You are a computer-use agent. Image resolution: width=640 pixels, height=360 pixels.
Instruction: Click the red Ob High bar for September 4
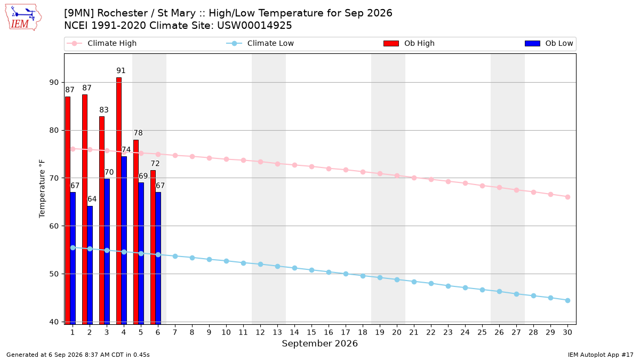pos(119,201)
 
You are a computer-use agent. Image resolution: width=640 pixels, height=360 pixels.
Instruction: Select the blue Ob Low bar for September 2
pos(90,265)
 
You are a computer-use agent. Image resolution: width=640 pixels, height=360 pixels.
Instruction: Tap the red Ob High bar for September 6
pos(153,247)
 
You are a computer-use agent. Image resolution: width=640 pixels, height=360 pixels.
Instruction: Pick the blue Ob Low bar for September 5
pos(141,253)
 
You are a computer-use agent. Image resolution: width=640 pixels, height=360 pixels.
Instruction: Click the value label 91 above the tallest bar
pos(121,70)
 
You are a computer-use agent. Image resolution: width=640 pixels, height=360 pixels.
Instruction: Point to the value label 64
pos(92,199)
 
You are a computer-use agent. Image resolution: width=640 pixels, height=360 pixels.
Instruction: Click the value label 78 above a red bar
pos(138,133)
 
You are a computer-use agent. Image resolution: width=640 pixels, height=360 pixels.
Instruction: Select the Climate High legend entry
pos(101,43)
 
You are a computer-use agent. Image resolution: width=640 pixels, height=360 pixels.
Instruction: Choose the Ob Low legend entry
pos(549,43)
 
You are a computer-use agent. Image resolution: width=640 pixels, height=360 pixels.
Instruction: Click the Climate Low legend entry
pos(260,43)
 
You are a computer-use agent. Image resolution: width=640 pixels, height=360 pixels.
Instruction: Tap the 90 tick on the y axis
pos(54,83)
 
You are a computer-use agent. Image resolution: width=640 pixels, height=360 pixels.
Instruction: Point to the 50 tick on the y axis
pos(54,274)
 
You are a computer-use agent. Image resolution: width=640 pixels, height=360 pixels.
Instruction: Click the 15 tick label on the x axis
pos(311,332)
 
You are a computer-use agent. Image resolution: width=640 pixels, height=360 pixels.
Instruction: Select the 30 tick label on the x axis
pos(567,332)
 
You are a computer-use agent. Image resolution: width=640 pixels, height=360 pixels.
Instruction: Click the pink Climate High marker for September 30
pos(567,197)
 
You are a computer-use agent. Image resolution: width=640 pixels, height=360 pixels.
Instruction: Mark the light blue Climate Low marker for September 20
pos(397,279)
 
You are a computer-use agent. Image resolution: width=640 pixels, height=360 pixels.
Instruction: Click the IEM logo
pos(23,18)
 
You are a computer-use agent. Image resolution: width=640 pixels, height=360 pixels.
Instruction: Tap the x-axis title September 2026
pos(319,343)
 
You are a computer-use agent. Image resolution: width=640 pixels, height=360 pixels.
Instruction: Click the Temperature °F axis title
pos(42,189)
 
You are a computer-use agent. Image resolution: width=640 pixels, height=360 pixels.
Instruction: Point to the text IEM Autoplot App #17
pos(601,355)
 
